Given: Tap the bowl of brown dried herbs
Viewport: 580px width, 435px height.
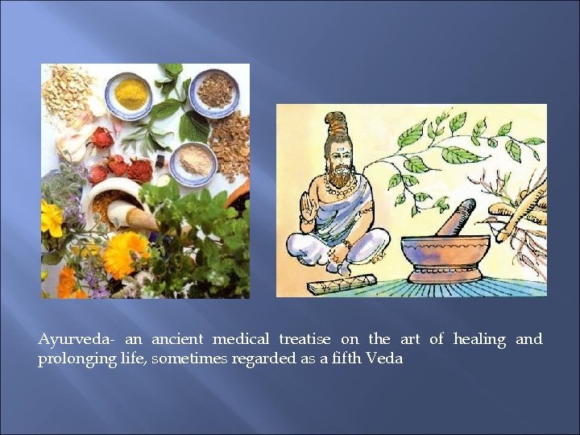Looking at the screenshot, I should (214, 89).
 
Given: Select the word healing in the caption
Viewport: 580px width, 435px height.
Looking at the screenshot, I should (479, 339).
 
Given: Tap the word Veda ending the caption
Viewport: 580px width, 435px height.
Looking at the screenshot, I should (383, 358).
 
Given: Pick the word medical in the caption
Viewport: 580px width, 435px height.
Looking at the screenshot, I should (241, 339).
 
